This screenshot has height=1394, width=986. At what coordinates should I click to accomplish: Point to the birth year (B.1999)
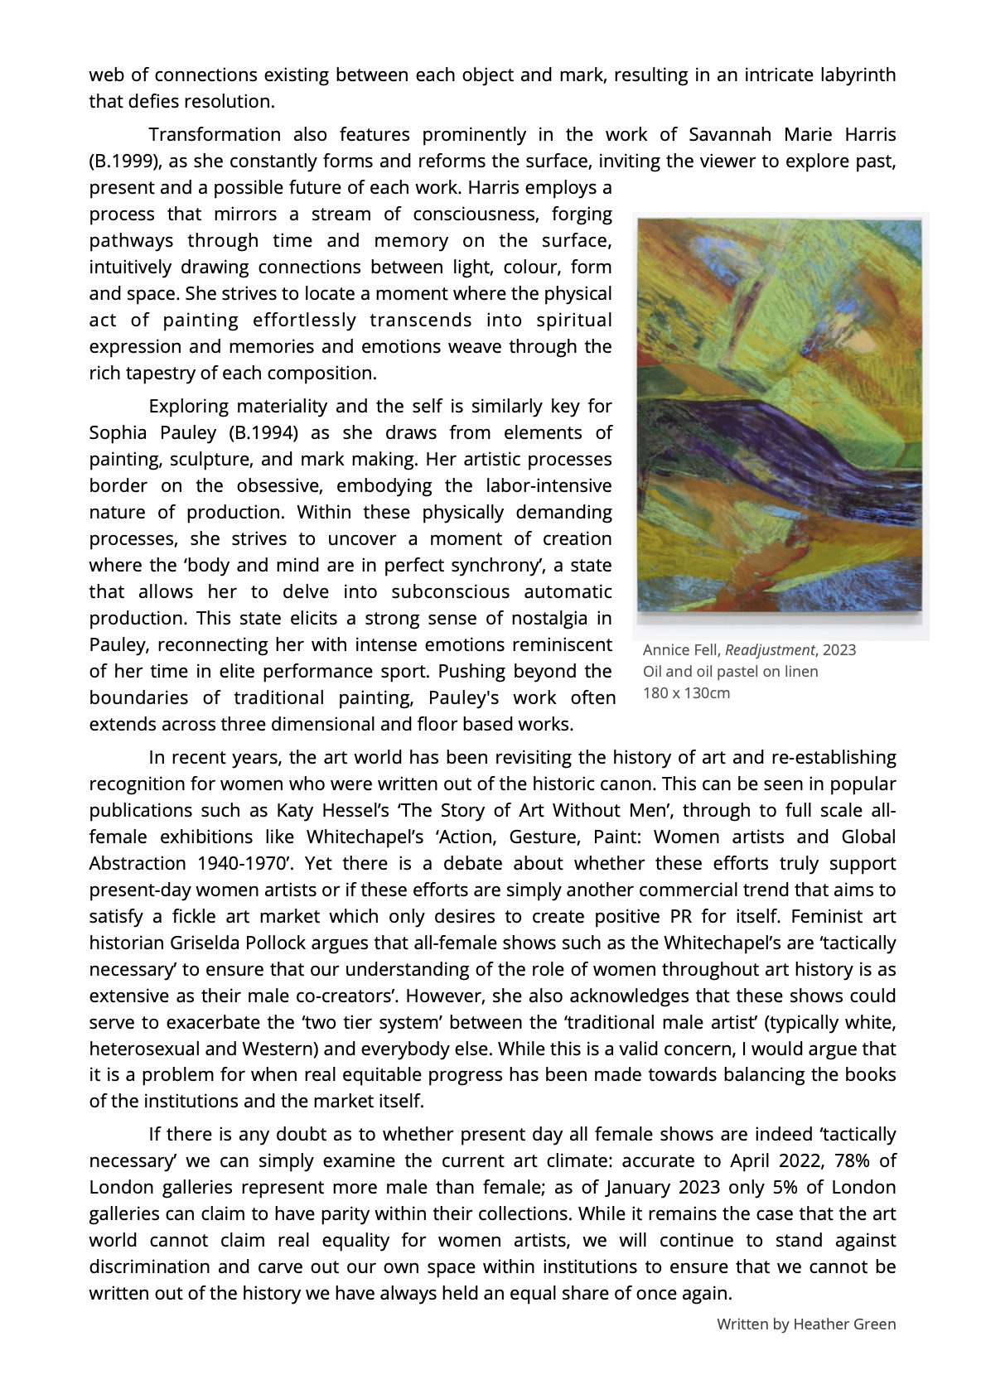click(124, 162)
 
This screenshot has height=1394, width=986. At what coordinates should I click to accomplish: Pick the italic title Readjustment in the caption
click(770, 650)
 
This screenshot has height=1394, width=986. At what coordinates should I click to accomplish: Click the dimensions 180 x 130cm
click(687, 693)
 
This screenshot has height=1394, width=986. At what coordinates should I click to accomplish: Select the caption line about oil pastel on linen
click(730, 672)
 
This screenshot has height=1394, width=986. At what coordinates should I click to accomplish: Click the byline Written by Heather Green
click(806, 1324)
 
